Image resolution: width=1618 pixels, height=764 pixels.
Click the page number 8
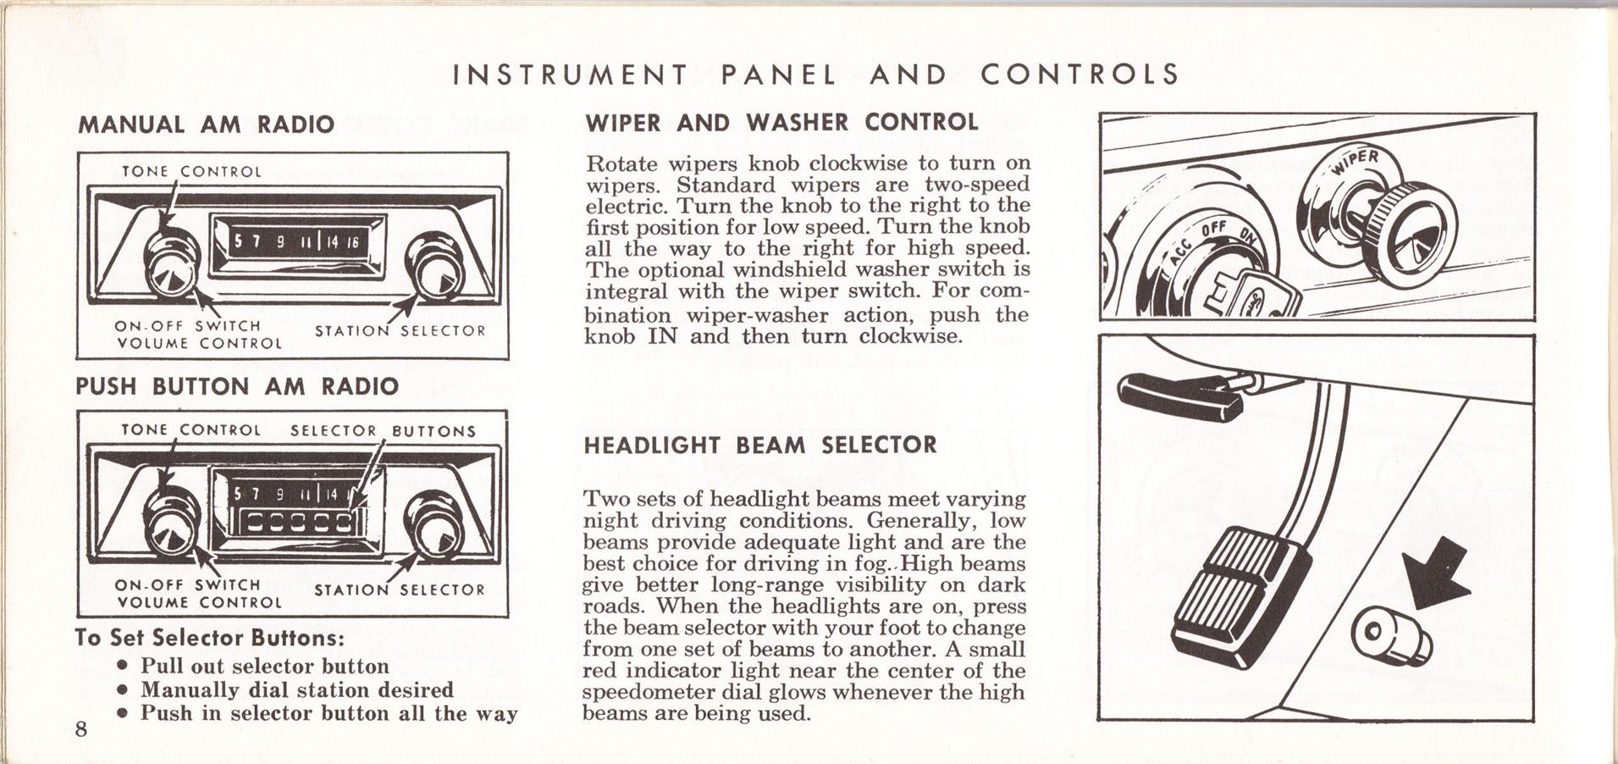click(x=81, y=730)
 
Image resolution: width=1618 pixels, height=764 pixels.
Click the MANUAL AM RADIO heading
click(x=206, y=125)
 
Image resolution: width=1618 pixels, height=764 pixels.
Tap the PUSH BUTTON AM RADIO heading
click(x=237, y=387)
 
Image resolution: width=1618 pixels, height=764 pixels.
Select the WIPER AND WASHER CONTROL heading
click(x=781, y=122)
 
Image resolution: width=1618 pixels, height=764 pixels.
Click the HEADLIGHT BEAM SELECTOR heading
click(x=760, y=446)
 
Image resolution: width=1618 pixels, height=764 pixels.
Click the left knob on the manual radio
click(x=173, y=263)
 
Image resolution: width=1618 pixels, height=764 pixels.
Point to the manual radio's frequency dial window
click(x=297, y=241)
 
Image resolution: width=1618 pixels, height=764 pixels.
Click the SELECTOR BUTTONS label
click(x=383, y=431)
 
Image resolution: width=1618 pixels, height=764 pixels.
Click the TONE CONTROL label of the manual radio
click(x=192, y=172)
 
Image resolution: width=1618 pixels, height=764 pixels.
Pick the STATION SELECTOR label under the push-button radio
click(x=400, y=590)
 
